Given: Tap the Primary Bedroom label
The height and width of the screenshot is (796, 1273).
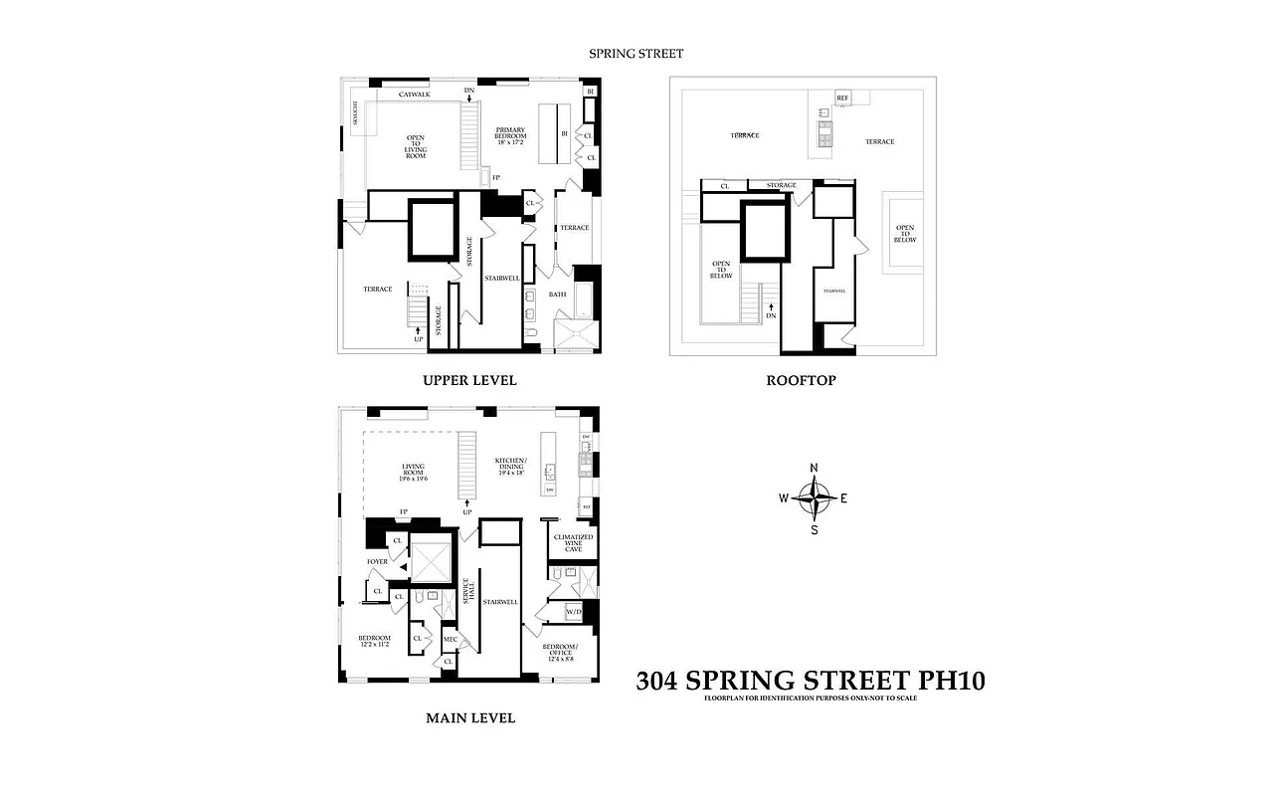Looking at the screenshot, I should pos(517,135).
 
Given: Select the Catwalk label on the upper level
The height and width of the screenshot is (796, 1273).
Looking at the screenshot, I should pos(414,95).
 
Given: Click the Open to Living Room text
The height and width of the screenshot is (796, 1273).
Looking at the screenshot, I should pos(415,147).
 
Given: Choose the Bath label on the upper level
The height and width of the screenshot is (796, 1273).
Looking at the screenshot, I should pos(557,295).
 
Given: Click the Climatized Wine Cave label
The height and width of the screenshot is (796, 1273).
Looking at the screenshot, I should pos(573,543).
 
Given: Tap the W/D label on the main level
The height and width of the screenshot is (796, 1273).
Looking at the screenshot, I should pos(573,612).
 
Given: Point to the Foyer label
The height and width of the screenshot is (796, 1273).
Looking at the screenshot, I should pos(377,561).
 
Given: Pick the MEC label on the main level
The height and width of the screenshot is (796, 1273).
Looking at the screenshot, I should pos(450,639).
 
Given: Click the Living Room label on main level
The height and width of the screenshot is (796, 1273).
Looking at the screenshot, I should pos(414,472).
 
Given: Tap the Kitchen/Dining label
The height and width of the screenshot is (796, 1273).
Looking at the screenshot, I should pos(515,466).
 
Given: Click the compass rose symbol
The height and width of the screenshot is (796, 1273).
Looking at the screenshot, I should pos(815,498).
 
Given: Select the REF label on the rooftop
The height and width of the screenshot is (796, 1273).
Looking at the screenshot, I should pos(842,98).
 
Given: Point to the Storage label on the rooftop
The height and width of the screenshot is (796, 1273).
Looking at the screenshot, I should pos(781,185).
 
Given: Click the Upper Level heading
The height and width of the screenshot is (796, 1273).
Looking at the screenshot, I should pos(469,380).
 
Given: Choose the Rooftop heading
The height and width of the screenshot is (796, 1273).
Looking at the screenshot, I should pos(801,380).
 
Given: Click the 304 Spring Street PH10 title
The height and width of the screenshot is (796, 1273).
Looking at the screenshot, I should pos(810,681).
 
